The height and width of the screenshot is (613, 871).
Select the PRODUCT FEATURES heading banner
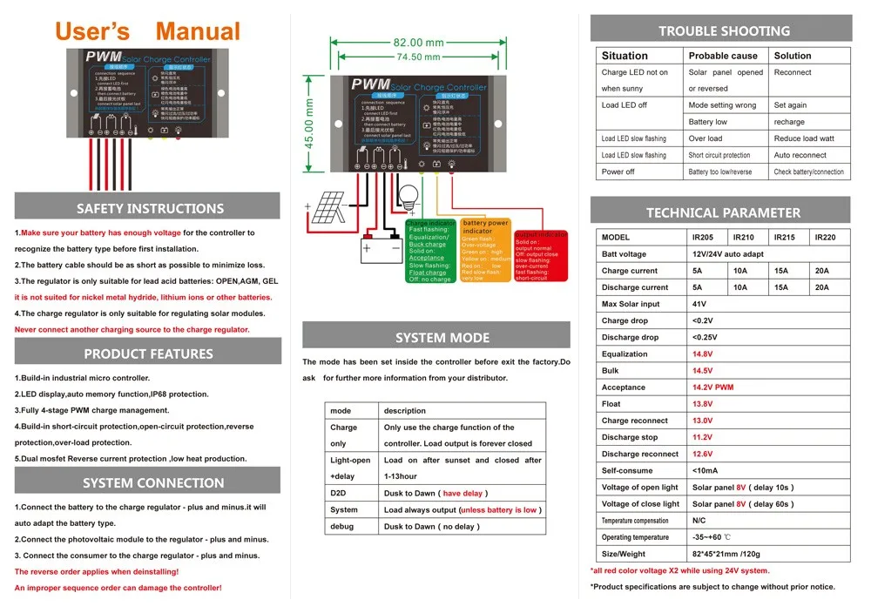(x=148, y=354)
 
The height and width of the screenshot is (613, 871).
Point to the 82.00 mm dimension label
(x=418, y=43)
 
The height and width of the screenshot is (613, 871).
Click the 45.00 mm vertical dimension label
(x=309, y=123)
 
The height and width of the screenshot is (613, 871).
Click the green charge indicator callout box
(x=430, y=252)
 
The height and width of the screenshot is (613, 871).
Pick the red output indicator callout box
(x=540, y=256)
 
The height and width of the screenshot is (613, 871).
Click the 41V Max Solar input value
(x=699, y=305)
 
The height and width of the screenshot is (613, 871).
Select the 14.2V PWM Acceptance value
(x=713, y=387)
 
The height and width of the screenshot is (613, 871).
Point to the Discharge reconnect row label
(x=640, y=455)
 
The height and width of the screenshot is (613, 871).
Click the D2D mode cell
(x=338, y=494)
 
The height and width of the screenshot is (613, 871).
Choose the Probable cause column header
(x=723, y=56)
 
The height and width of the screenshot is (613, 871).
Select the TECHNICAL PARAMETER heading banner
(x=723, y=212)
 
